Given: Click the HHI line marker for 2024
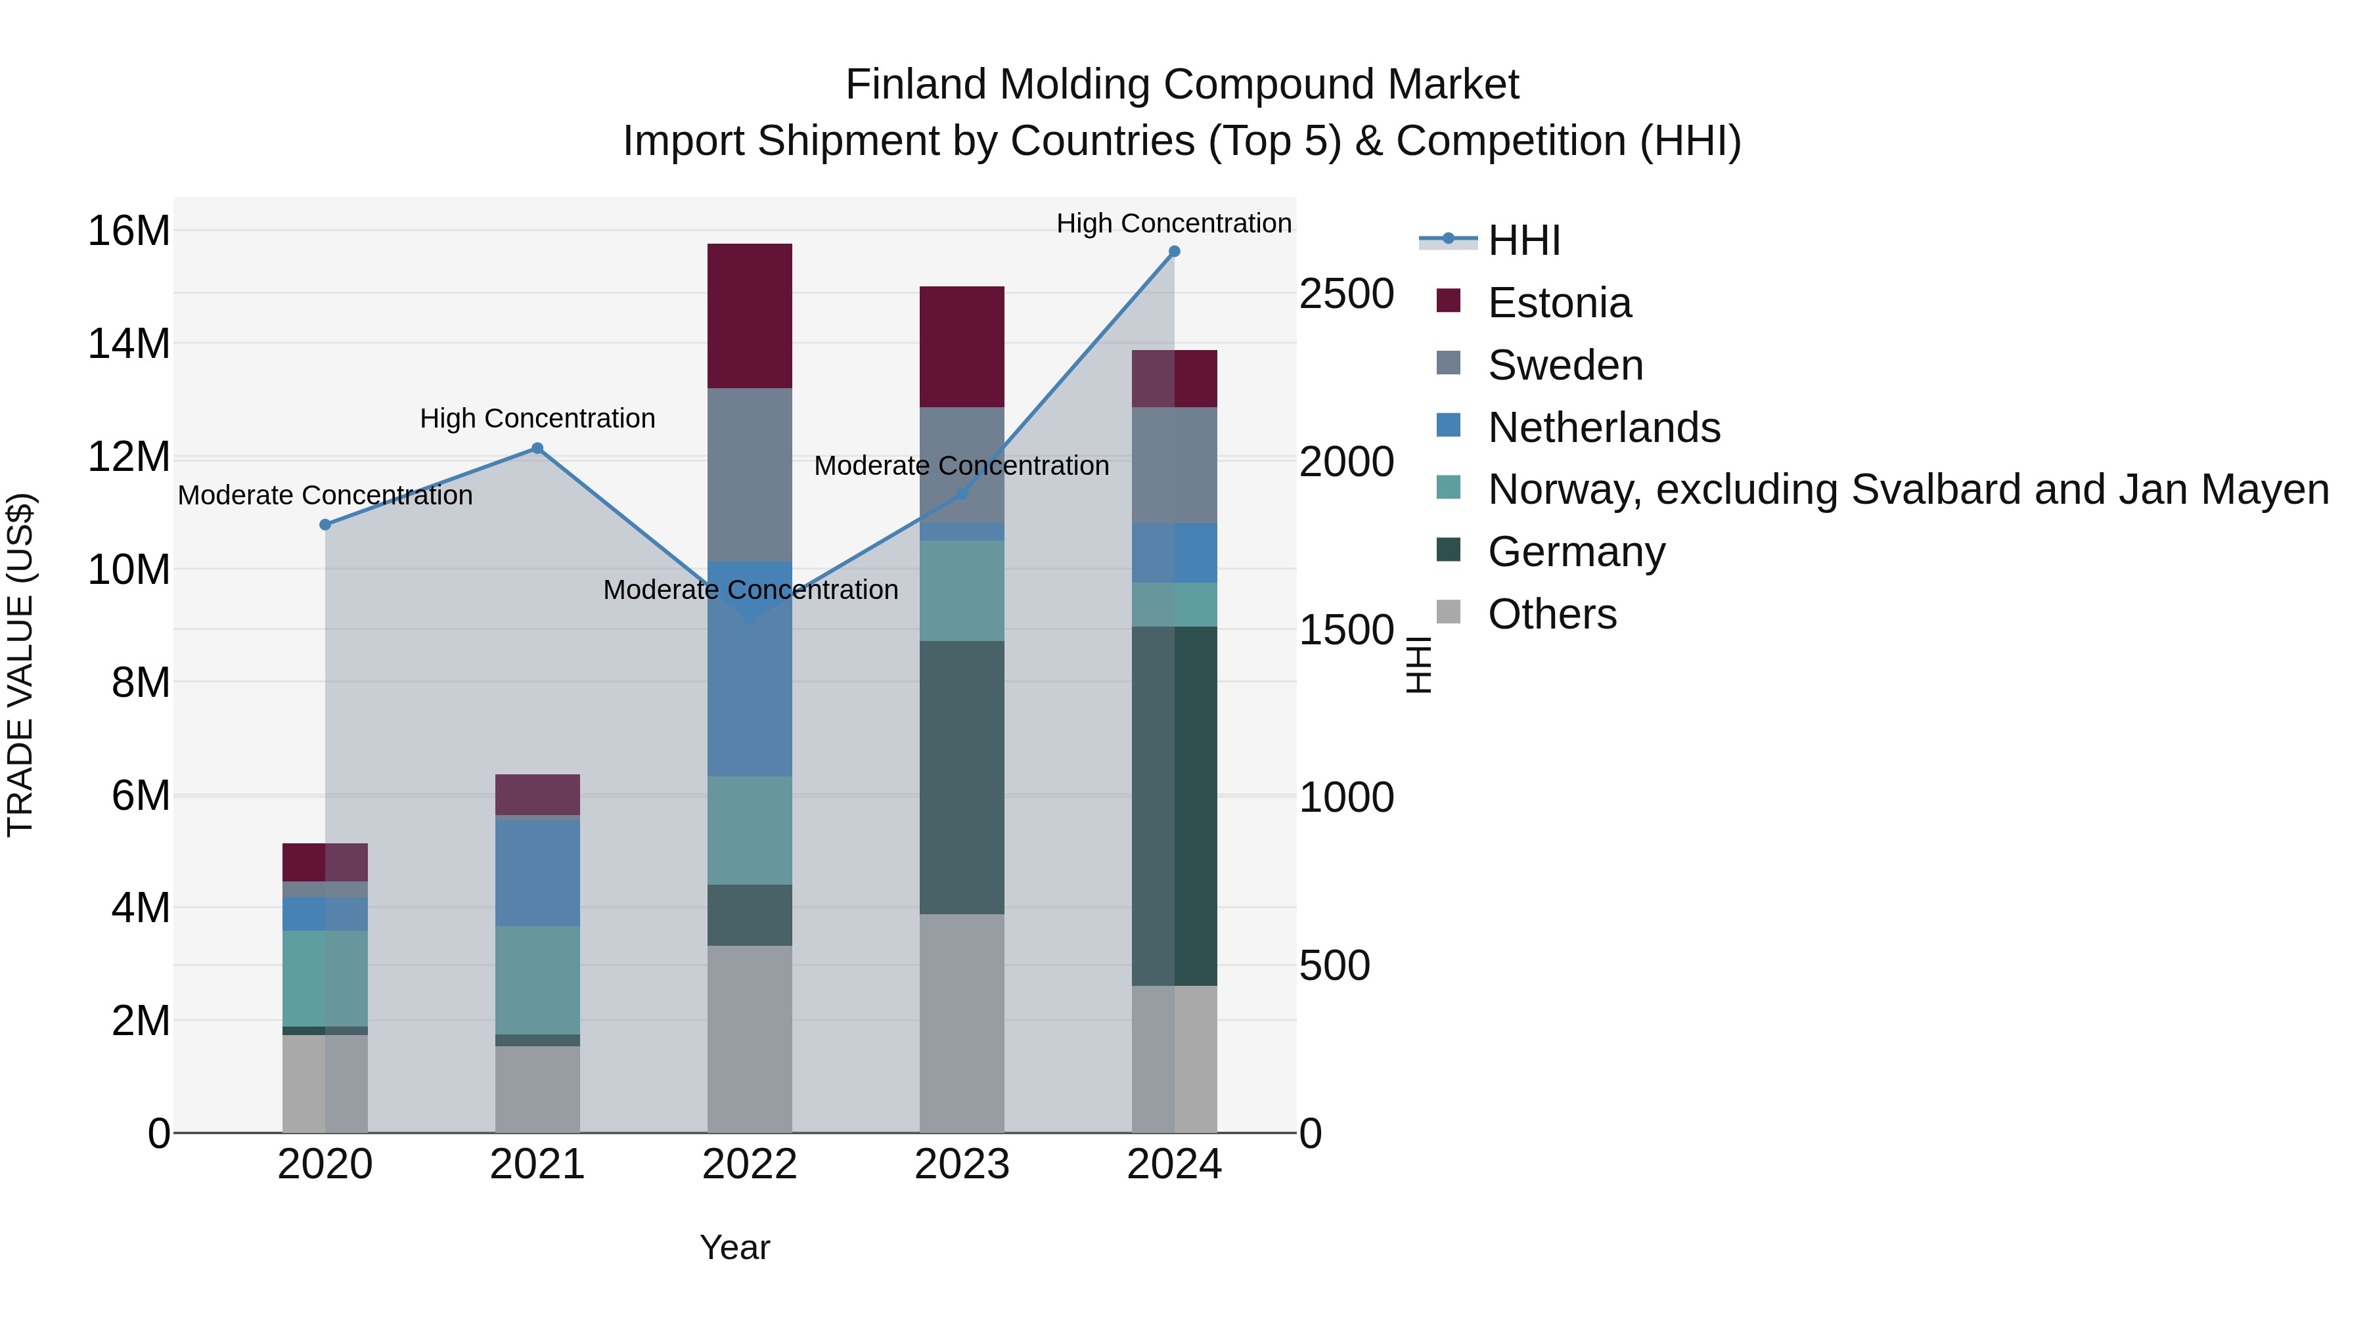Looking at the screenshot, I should [x=1173, y=252].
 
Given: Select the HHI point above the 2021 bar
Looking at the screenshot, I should [x=537, y=449].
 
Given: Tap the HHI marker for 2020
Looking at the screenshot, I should [x=325, y=525].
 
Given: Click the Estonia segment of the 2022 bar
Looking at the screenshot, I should [x=749, y=316].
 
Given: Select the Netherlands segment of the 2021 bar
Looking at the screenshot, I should [x=537, y=872].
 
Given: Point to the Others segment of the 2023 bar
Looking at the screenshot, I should [x=961, y=1023].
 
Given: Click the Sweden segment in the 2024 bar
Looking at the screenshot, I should [x=1173, y=466].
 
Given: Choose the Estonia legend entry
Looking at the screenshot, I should [x=1559, y=303].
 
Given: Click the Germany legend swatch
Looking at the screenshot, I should [x=1448, y=551].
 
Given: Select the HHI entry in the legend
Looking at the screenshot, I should [x=1524, y=240].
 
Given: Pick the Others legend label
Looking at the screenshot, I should [x=1552, y=614].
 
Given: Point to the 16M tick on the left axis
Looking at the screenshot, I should [x=129, y=231].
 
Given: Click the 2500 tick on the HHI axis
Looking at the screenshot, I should [x=1346, y=295].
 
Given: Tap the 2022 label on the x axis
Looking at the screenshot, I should [x=749, y=1164].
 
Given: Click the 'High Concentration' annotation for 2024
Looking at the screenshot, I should [x=1173, y=223].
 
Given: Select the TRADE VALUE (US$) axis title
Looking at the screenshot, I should [x=20, y=665].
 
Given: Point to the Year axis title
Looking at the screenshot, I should [x=734, y=1247].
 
